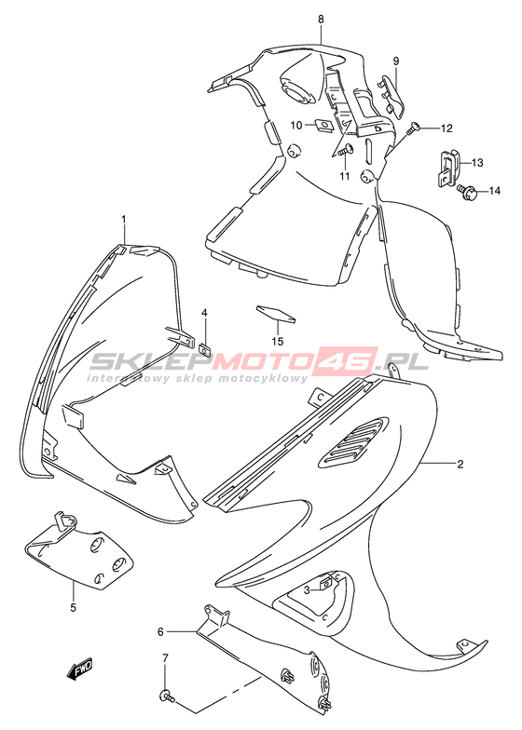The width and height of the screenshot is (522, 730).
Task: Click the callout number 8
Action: [321, 19]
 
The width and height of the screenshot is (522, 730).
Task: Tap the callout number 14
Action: [494, 190]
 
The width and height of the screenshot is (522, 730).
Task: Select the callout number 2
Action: [460, 464]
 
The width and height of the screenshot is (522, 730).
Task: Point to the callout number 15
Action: [278, 342]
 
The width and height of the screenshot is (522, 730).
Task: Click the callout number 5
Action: [73, 607]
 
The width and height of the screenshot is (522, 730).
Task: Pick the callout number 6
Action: [160, 631]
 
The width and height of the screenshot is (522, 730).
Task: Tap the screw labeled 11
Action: [345, 150]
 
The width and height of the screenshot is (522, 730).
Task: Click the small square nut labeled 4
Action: [203, 346]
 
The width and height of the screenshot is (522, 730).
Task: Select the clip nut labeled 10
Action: [321, 125]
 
